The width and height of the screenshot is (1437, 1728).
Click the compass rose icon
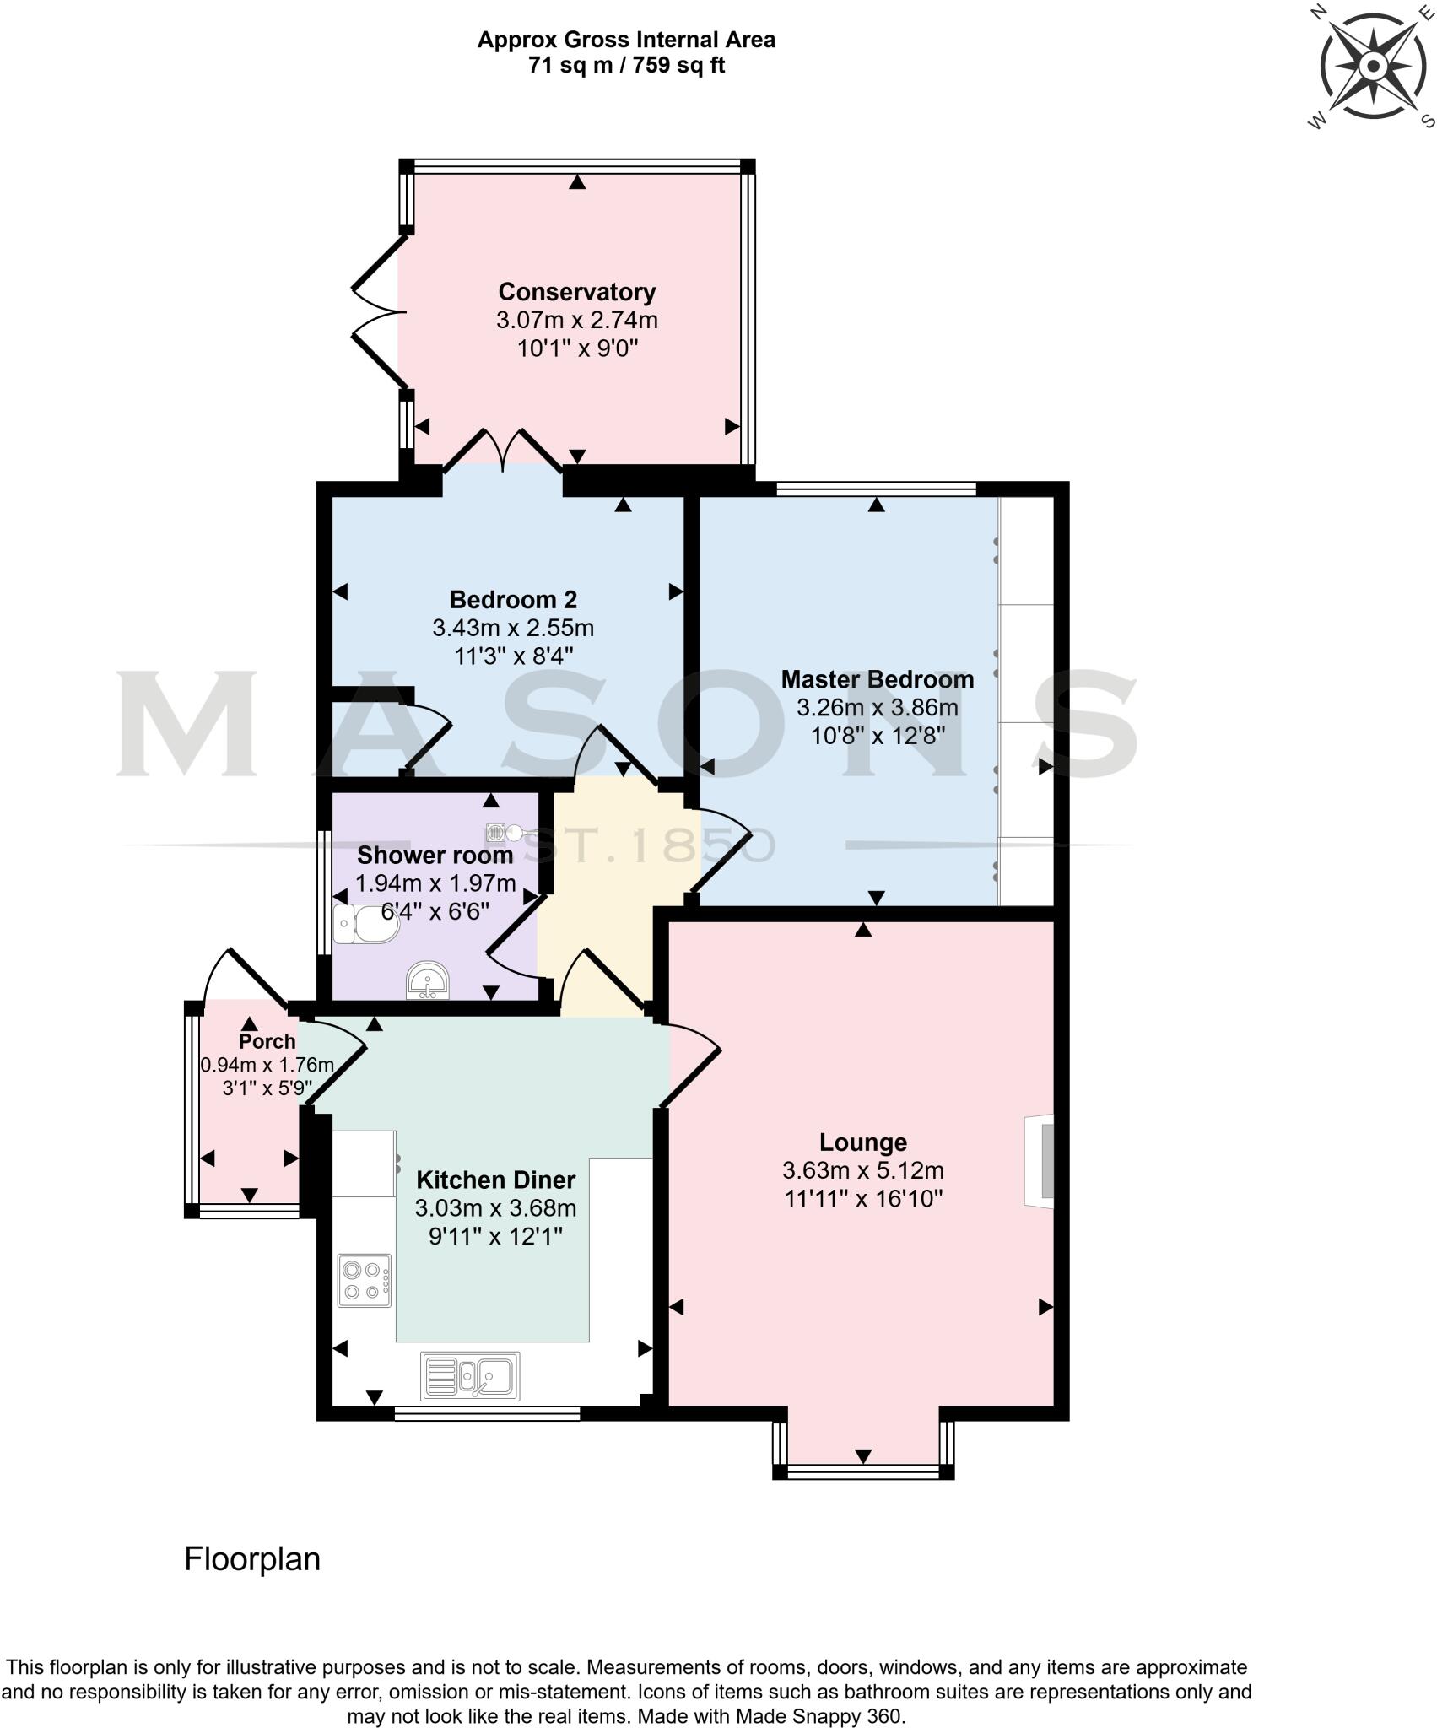tap(1372, 66)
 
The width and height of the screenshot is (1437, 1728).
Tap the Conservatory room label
tap(577, 292)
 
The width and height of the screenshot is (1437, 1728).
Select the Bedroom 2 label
tap(513, 600)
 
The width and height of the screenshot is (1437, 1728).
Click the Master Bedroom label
tap(877, 679)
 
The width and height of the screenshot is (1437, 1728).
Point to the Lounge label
tap(863, 1142)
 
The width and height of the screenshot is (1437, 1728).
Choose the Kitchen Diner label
tap(495, 1180)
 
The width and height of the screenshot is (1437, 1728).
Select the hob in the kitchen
tap(365, 1280)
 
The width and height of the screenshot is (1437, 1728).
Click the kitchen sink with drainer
tap(470, 1375)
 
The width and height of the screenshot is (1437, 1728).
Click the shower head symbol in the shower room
tap(505, 834)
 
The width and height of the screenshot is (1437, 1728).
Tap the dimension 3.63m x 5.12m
tap(863, 1171)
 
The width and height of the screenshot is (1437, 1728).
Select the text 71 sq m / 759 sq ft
tap(626, 65)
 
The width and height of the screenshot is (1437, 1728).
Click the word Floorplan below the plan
tap(252, 1559)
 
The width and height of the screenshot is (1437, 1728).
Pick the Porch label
tap(267, 1041)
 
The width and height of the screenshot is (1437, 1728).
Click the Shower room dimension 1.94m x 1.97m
tap(435, 883)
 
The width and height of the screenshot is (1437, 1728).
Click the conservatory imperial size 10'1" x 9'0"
tap(577, 348)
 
